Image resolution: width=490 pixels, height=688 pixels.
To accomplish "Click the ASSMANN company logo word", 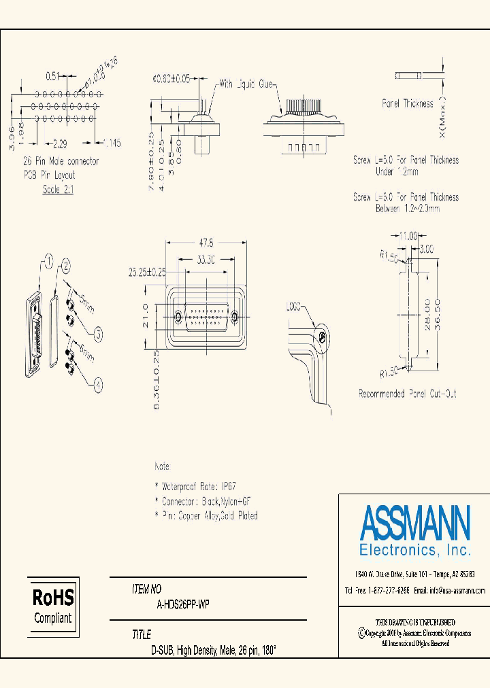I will [x=414, y=522].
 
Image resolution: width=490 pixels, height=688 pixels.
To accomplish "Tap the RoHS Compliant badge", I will [x=53, y=606].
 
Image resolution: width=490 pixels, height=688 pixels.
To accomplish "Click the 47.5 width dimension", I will [x=207, y=243].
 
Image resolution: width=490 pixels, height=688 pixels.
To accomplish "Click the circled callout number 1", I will [x=48, y=259].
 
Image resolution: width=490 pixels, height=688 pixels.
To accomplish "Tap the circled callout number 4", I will [x=98, y=385].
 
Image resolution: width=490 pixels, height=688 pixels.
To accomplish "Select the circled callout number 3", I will [x=98, y=333].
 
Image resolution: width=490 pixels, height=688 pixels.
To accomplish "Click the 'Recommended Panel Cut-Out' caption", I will [x=407, y=394].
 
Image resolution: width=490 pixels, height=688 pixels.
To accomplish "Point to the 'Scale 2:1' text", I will [x=58, y=190].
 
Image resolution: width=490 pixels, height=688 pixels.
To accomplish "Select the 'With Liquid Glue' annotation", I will [x=245, y=85].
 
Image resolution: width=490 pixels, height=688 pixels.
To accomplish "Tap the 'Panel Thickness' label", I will [x=407, y=104].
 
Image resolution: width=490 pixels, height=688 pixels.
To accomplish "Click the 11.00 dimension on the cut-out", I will [x=408, y=236].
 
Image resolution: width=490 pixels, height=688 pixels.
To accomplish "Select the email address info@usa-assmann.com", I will [x=457, y=591].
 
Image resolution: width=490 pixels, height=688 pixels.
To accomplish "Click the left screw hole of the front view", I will [x=178, y=317].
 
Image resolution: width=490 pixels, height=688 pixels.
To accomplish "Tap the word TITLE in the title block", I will [x=142, y=635].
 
